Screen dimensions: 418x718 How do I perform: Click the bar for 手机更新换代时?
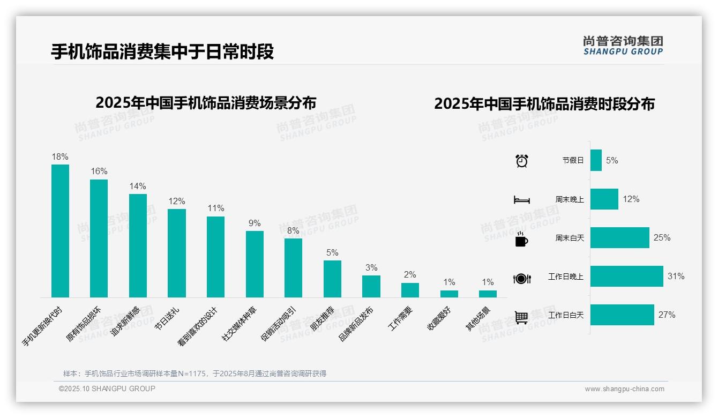tap(60, 231)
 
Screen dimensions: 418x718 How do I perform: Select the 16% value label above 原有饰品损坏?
tap(99, 171)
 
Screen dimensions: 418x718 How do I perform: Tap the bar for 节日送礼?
tap(177, 253)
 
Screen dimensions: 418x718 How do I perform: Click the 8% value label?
tap(293, 231)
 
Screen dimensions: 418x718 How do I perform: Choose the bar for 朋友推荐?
tap(332, 279)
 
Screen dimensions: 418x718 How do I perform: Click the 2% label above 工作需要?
tap(410, 275)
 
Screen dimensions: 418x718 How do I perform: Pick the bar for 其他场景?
tap(488, 294)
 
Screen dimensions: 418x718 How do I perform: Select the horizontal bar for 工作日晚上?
tap(626, 277)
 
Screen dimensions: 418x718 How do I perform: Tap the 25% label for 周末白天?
tap(662, 238)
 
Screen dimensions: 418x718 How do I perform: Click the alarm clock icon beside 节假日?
tap(521, 161)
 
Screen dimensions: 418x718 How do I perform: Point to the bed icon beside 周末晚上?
tap(521, 200)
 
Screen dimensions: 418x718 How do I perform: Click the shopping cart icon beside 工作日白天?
tap(521, 317)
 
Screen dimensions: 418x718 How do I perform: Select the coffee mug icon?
tap(521, 239)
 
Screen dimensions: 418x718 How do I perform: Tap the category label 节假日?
tap(573, 160)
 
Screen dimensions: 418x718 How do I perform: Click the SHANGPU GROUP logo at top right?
tap(623, 45)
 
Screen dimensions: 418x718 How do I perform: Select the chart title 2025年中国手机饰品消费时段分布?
tap(544, 104)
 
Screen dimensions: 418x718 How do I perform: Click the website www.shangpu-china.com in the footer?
tap(624, 389)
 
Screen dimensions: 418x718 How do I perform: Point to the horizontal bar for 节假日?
tap(596, 160)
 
